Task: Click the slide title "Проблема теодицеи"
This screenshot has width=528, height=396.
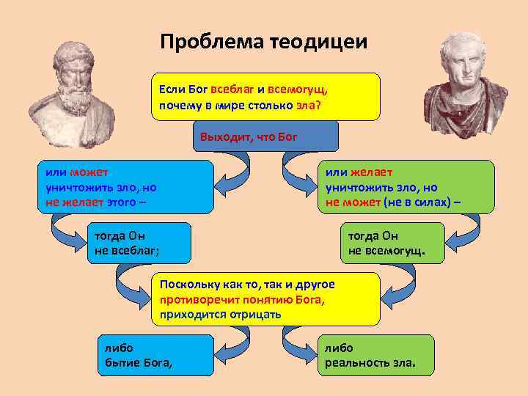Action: [x=264, y=41]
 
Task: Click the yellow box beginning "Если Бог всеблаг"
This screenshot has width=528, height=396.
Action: [x=265, y=96]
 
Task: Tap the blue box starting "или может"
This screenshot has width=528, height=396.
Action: [x=125, y=187]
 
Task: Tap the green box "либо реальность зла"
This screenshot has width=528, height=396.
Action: [x=375, y=355]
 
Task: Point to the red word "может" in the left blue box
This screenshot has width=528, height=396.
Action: [x=89, y=173]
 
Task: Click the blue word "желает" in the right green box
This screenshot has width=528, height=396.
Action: [x=367, y=173]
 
